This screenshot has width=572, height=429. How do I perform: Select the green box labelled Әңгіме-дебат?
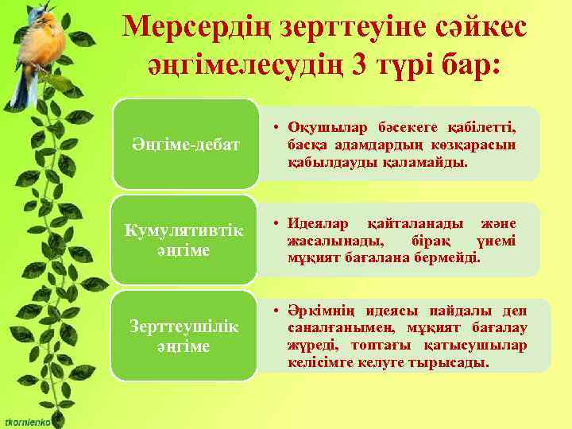tap(184, 145)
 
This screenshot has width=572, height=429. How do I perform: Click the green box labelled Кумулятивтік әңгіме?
tap(184, 239)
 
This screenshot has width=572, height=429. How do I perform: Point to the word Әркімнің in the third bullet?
tap(321, 309)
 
